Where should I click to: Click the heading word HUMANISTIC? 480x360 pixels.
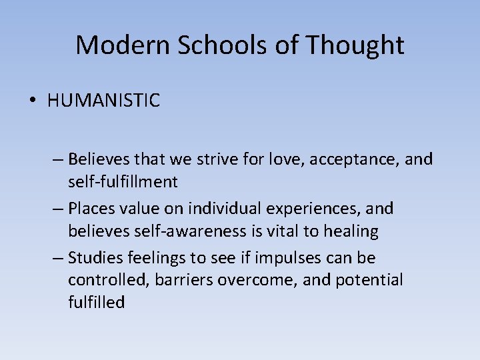click(x=103, y=101)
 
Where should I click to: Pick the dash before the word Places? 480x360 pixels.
click(x=57, y=209)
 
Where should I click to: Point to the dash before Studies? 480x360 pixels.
click(x=57, y=258)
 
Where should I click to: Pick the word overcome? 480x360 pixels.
click(x=259, y=280)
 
